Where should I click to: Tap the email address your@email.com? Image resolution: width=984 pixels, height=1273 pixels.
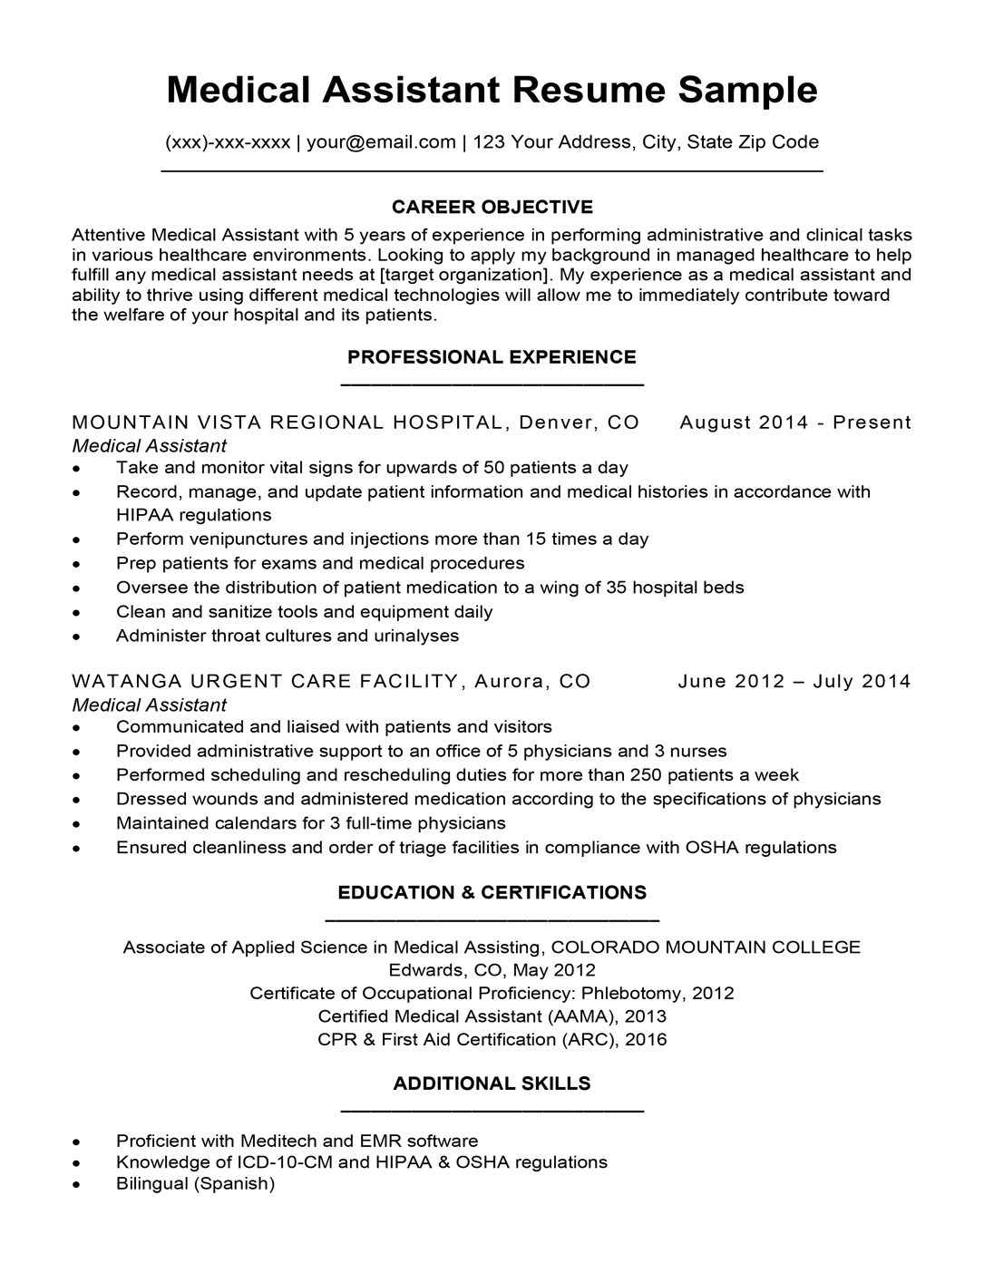[381, 141]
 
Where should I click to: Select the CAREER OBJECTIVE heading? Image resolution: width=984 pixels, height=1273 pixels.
[492, 207]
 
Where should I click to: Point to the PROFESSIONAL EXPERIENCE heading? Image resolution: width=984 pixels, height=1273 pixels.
[492, 357]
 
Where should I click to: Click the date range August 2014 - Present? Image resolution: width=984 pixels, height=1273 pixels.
[795, 423]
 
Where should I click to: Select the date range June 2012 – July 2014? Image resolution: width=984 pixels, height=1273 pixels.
[794, 682]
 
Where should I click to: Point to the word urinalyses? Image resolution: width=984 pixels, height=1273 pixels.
[414, 636]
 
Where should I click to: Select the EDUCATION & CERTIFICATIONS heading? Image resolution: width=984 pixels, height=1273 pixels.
[492, 893]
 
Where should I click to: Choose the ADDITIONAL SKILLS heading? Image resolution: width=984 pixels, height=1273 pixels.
[492, 1084]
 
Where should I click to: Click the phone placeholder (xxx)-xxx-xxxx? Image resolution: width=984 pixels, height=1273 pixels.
[228, 141]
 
